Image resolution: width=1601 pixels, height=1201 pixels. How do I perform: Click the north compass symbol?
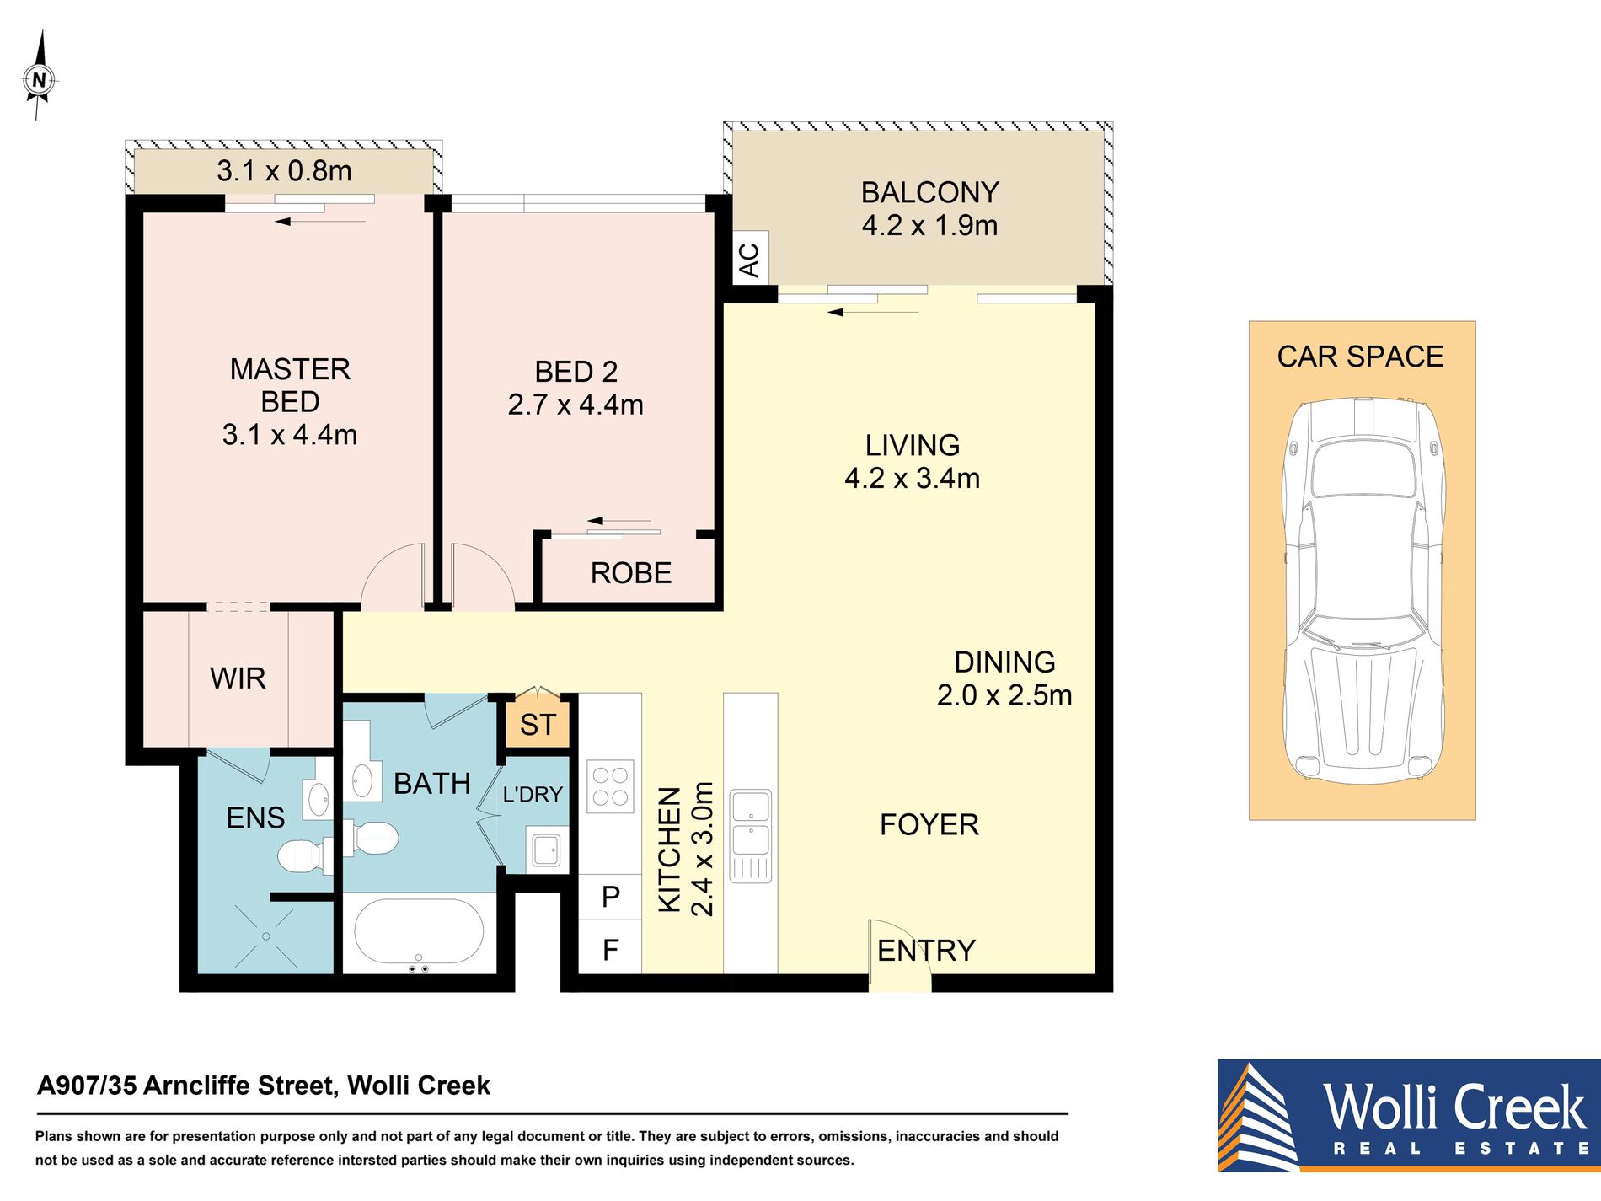coord(38,78)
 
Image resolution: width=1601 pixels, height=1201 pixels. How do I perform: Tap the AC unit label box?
coord(750,259)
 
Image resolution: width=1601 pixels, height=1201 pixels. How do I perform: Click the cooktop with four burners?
coord(611,787)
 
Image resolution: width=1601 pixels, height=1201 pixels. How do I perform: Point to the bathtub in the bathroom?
coord(419,931)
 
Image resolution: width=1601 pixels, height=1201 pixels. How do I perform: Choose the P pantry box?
coord(611,897)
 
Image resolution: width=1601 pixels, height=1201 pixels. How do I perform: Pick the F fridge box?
coord(611,950)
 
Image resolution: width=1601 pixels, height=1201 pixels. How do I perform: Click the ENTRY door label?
coord(926,951)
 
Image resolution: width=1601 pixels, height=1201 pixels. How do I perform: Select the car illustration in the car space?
coord(1363,588)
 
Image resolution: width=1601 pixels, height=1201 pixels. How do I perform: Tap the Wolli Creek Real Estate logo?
coord(1409,1115)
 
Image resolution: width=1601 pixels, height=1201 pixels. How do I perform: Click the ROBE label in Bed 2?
coord(631,573)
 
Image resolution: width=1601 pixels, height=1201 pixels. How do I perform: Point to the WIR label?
coord(238,678)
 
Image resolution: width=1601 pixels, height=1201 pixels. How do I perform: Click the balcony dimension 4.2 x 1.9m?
coord(929,225)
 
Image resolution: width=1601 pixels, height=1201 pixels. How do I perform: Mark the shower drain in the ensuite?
coord(266,936)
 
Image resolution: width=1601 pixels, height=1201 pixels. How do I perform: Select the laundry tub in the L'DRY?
coord(544,850)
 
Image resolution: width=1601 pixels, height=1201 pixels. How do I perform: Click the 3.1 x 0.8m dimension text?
coord(284,171)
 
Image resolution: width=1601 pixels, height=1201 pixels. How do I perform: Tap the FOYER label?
coord(929,824)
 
